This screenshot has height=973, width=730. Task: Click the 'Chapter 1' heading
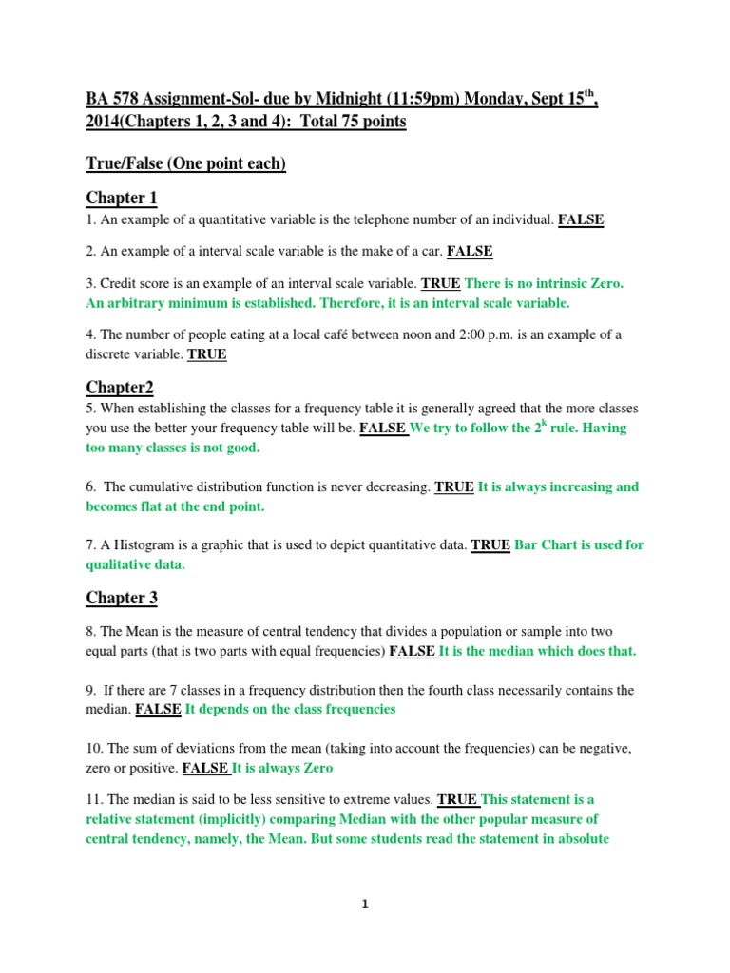pos(122,198)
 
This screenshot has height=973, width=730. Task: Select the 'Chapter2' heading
pos(120,387)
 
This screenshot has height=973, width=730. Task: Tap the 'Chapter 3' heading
pos(122,598)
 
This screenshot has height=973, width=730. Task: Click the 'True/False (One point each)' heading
pos(185,163)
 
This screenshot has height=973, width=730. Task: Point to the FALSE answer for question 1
pos(581,220)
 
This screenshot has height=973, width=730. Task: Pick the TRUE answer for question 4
pos(207,354)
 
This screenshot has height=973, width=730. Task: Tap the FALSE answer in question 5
pos(383,429)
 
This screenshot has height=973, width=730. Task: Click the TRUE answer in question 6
pos(454,487)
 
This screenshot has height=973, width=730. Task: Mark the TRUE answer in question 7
pos(490,545)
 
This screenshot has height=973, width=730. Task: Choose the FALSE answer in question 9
pos(158,710)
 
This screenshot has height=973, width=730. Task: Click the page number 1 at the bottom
pos(365,905)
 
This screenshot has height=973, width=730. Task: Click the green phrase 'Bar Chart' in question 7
pos(547,545)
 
